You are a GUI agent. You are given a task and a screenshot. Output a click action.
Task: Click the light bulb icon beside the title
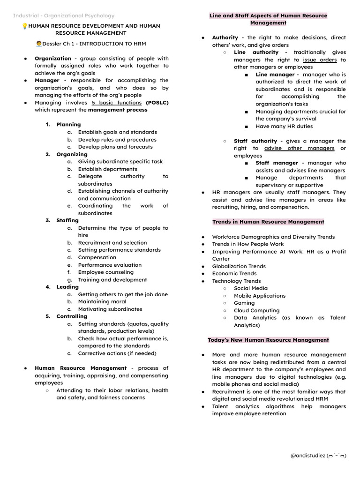coord(25,26)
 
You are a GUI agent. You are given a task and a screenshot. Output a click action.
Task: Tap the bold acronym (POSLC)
coord(157,103)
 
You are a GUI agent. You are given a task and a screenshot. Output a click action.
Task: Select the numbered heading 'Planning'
coord(68,125)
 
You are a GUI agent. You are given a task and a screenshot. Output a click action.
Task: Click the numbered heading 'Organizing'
coord(72,154)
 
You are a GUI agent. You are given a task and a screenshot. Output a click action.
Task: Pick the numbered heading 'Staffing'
coord(67,220)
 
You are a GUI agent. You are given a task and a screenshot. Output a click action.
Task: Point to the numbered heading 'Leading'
coord(67,287)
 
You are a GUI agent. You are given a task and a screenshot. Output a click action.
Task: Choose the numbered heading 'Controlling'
coord(72,316)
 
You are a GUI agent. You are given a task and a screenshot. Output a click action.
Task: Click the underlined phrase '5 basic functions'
coord(117,103)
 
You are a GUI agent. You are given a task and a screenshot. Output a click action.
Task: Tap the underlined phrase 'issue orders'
coord(320,60)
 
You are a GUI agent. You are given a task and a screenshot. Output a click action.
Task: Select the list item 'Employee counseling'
coord(106,272)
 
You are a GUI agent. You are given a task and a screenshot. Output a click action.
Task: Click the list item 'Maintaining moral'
coord(102,302)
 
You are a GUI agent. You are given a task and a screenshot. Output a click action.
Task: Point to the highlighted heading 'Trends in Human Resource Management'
coord(268,222)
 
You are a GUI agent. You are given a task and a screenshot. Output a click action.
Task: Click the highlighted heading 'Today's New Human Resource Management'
coord(268,340)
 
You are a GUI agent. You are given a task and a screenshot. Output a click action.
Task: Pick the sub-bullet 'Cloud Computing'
coord(256,310)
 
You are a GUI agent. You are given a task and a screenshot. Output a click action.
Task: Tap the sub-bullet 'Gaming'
coord(244,303)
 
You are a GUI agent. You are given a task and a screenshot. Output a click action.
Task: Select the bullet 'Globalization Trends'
coord(239,266)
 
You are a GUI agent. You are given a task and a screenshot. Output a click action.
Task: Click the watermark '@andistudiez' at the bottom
coord(318,456)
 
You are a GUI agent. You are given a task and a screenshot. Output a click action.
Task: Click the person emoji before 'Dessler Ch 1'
coord(39,44)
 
